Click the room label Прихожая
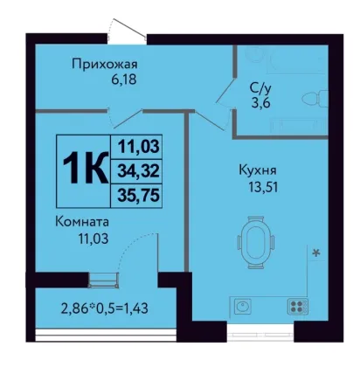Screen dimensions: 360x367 [105, 65]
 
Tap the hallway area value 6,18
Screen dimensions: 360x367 [124, 80]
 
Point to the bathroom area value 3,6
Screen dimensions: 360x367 [261, 103]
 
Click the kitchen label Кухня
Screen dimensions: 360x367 [258, 170]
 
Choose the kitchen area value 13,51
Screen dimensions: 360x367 [263, 187]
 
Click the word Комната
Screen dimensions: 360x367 [82, 222]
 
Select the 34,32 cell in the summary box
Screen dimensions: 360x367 [138, 171]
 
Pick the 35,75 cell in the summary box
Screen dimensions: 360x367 [138, 196]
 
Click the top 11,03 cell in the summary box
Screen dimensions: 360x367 [138, 147]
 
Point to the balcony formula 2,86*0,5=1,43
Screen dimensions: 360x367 [105, 308]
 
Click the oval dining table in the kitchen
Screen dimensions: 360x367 [256, 242]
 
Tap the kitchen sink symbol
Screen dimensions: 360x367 [243, 306]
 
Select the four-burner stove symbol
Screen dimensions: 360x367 [298, 307]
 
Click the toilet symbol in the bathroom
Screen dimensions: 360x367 [315, 98]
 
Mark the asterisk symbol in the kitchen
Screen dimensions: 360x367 [316, 253]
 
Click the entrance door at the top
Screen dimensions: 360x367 [127, 31]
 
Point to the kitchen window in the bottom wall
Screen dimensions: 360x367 [260, 332]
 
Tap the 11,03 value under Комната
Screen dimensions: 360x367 [93, 239]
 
